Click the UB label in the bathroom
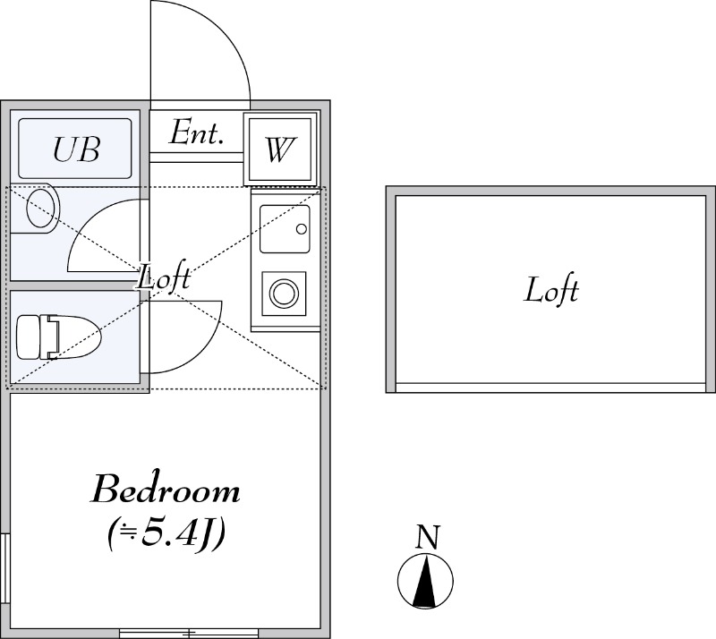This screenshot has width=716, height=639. tap(76, 149)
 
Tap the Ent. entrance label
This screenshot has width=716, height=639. tap(196, 132)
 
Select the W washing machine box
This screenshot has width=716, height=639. tap(280, 149)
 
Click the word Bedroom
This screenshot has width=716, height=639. tap(166, 490)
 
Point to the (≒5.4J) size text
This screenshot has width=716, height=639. tap(166, 534)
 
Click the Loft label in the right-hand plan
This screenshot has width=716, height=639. tap(550, 290)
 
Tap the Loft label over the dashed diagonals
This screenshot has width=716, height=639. tap(164, 277)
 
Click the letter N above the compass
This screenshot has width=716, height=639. tap(428, 537)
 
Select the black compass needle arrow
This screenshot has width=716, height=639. tap(425, 582)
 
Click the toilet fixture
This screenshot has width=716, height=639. tap(58, 337)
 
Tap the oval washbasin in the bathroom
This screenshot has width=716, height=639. tap(42, 209)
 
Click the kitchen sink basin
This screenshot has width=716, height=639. tap(285, 229)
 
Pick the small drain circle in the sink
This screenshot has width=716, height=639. tap(302, 229)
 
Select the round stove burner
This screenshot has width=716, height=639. tap(284, 294)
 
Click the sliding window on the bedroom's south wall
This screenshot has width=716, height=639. tap(189, 634)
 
